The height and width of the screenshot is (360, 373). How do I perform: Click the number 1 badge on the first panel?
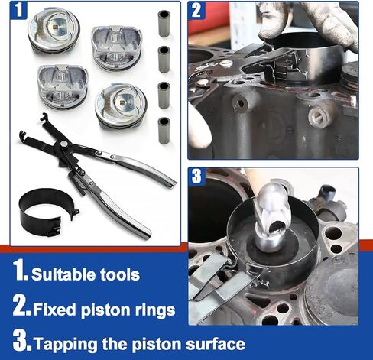tap(18, 10)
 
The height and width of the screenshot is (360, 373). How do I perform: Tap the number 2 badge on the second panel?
tap(196, 10)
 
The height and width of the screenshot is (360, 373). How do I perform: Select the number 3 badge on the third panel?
tap(196, 176)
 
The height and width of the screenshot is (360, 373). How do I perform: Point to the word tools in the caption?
tap(120, 274)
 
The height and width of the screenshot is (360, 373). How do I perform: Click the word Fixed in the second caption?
tap(54, 310)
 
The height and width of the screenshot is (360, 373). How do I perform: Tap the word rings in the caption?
tap(155, 311)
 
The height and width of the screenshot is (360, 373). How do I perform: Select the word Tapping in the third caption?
tap(66, 345)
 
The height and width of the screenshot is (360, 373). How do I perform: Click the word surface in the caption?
tap(216, 344)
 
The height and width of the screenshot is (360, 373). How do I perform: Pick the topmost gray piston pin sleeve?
tap(164, 24)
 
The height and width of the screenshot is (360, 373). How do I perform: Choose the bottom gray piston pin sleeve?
tap(164, 131)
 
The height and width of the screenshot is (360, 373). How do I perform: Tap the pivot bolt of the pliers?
tap(63, 144)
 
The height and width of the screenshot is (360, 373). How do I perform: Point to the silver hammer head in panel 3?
tap(272, 216)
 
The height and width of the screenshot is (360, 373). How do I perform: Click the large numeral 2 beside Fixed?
tap(21, 305)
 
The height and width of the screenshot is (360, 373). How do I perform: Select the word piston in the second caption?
tap(105, 311)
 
